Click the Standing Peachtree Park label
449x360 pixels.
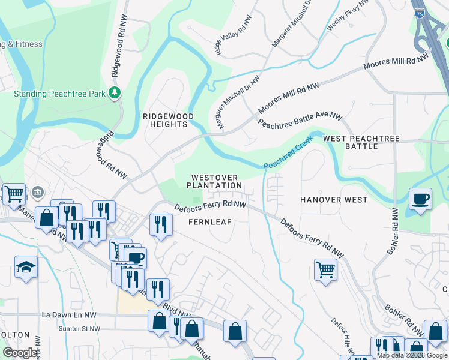(x=59, y=94)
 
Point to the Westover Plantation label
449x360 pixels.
(x=214, y=182)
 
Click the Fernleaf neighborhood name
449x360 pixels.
(x=209, y=221)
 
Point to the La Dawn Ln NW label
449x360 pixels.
(x=69, y=314)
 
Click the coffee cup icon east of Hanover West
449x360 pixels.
(x=420, y=199)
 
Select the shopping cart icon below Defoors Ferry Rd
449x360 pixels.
(x=325, y=269)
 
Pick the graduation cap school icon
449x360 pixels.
(x=26, y=266)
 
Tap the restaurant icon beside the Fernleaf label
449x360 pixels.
(x=160, y=224)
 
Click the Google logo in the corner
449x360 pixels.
(x=20, y=352)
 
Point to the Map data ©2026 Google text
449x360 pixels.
(x=412, y=355)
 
